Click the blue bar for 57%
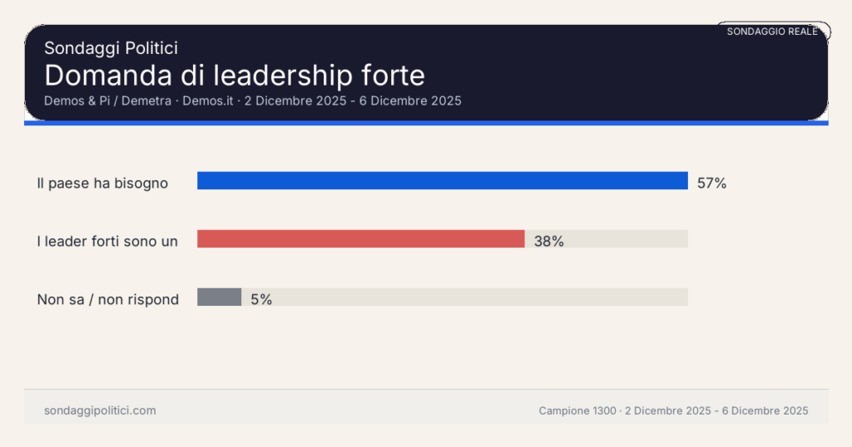442,181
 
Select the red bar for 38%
360,239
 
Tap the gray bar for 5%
219,297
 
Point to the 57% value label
711,184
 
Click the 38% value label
549,242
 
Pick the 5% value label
261,300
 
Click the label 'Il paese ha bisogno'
102,184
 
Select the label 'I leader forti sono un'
107,242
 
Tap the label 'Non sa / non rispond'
107,300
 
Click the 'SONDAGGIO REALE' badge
772,32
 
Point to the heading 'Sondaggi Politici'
111,49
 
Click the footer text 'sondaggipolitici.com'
100,410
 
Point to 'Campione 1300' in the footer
577,411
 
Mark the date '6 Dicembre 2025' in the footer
765,411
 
